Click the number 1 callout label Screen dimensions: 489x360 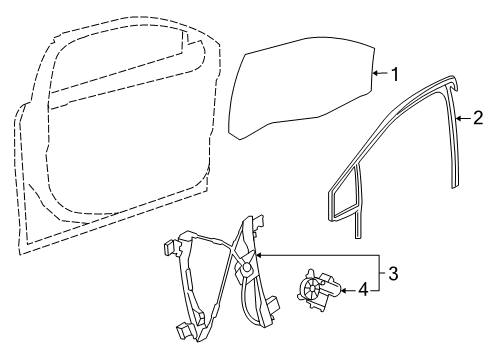[395, 73]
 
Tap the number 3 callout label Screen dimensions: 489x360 [395, 272]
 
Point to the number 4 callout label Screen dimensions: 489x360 [363, 291]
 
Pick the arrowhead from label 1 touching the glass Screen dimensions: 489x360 [372, 73]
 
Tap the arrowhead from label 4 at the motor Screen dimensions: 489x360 [341, 291]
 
